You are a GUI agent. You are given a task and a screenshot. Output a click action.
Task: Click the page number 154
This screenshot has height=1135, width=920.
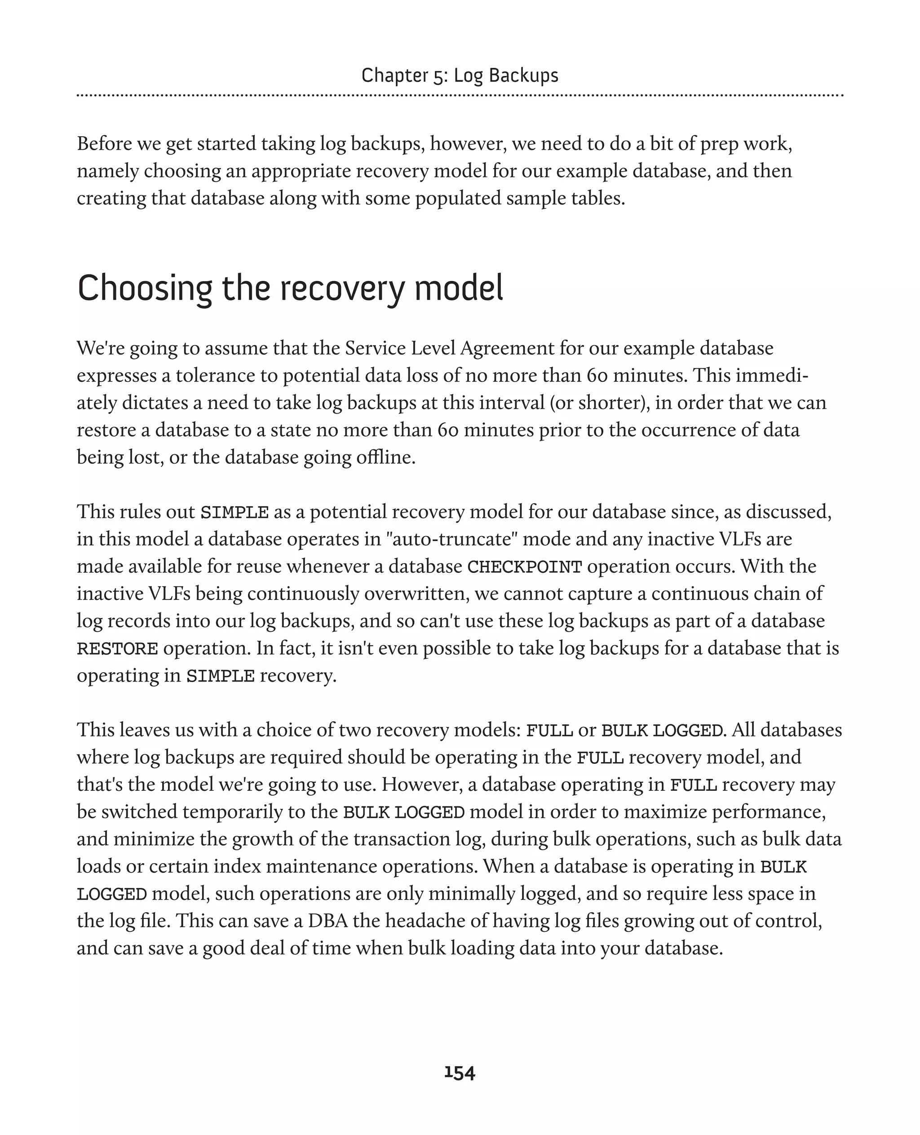pos(460,1073)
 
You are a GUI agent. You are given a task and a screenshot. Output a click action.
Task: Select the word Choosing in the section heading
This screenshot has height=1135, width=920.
pos(145,289)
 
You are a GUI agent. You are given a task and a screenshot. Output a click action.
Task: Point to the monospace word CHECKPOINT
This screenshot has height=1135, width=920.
pos(524,567)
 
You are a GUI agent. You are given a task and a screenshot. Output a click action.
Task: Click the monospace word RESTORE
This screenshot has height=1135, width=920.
pos(117,649)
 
